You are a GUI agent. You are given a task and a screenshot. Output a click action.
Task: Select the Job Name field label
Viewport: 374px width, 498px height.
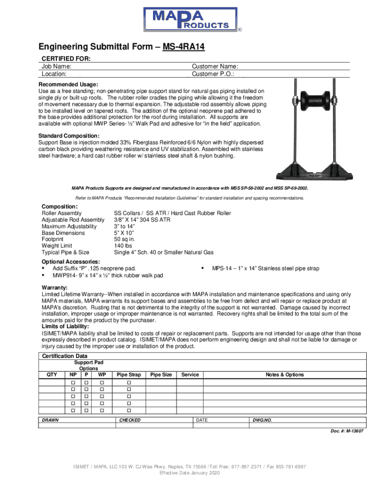pos(57,67)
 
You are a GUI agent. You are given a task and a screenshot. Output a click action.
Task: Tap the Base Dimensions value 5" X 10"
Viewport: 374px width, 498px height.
pos(124,233)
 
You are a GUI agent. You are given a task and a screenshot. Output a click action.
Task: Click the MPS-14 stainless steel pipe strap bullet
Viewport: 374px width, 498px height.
pos(265,268)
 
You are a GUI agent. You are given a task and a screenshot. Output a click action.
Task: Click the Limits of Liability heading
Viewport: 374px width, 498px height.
pos(65,326)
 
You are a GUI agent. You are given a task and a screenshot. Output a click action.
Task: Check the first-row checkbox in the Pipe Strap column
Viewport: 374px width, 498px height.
pos(129,383)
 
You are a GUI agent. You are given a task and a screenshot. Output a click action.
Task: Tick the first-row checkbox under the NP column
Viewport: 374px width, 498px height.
pos(73,383)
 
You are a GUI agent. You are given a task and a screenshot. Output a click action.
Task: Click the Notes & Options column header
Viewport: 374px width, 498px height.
pos(284,374)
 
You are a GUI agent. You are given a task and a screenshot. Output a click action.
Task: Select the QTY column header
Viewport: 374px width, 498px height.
pos(51,374)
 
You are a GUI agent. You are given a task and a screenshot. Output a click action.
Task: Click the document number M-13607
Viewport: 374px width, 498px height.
pos(347,431)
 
